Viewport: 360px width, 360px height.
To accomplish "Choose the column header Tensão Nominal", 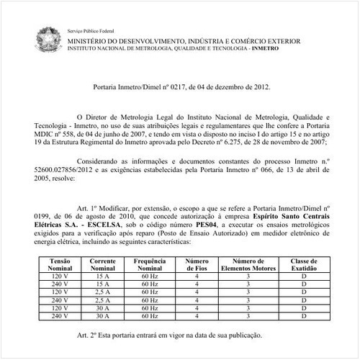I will pos(62,264).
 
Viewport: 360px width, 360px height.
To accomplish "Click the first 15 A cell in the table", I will pos(104,276).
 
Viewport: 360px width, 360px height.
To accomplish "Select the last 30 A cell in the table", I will pos(104,316).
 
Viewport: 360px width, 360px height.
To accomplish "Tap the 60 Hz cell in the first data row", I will pos(149,276).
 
